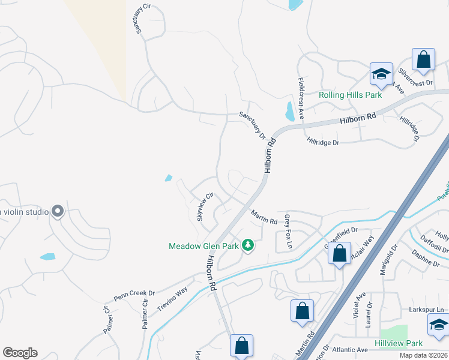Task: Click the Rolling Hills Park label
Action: [x=351, y=95]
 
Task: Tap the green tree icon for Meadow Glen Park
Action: [x=247, y=245]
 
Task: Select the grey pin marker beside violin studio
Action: [x=58, y=211]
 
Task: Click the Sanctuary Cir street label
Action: [x=140, y=20]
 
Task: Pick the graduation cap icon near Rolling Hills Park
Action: [x=381, y=74]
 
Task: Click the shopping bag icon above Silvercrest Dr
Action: [x=423, y=60]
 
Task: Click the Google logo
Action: [x=20, y=353]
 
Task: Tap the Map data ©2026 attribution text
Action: [x=424, y=355]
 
